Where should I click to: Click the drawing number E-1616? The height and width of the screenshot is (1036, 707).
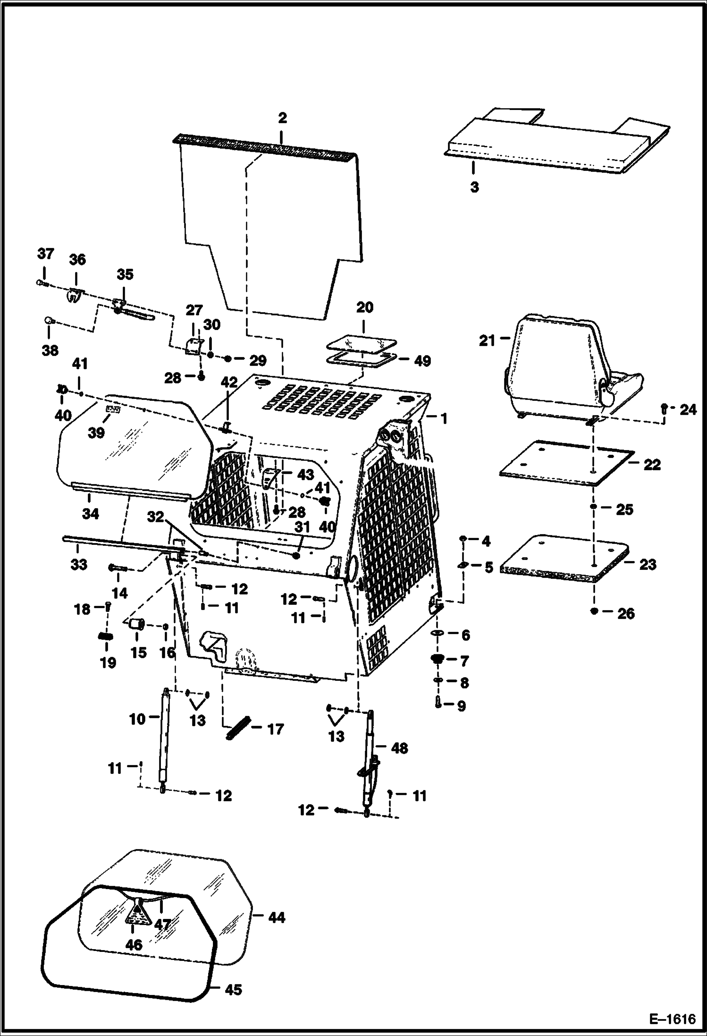click(672, 1019)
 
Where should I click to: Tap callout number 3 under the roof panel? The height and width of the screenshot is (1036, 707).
click(474, 187)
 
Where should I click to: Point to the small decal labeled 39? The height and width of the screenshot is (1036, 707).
click(113, 410)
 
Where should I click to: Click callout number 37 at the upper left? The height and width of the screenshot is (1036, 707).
click(46, 254)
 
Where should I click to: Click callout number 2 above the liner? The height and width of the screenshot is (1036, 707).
click(282, 118)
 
